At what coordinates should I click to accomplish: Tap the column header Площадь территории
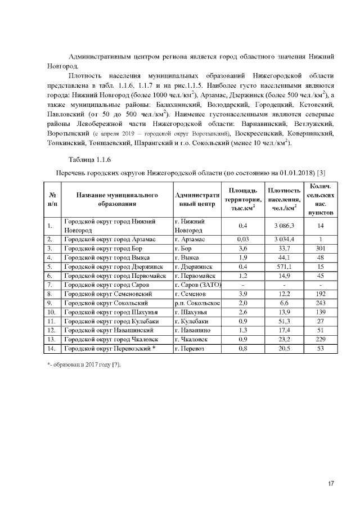(x=243, y=200)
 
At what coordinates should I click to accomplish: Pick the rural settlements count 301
(x=321, y=247)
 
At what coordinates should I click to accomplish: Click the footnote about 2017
(x=84, y=364)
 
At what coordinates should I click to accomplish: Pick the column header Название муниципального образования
(x=117, y=200)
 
